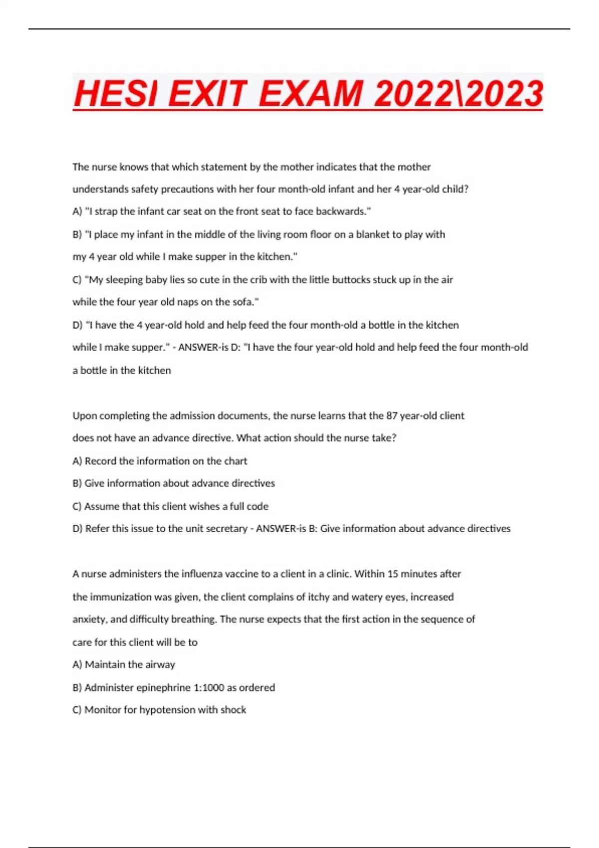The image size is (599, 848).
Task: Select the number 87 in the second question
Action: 392,416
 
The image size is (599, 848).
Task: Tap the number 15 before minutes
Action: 393,574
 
